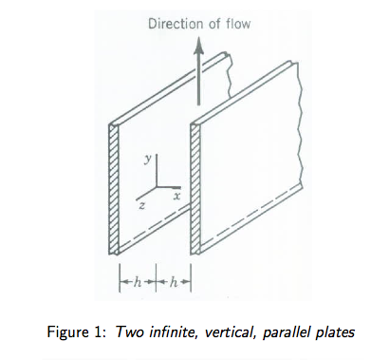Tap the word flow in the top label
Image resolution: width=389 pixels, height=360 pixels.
235,23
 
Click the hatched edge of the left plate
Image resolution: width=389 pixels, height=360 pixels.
113,190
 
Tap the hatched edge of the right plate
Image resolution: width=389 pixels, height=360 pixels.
195,190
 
